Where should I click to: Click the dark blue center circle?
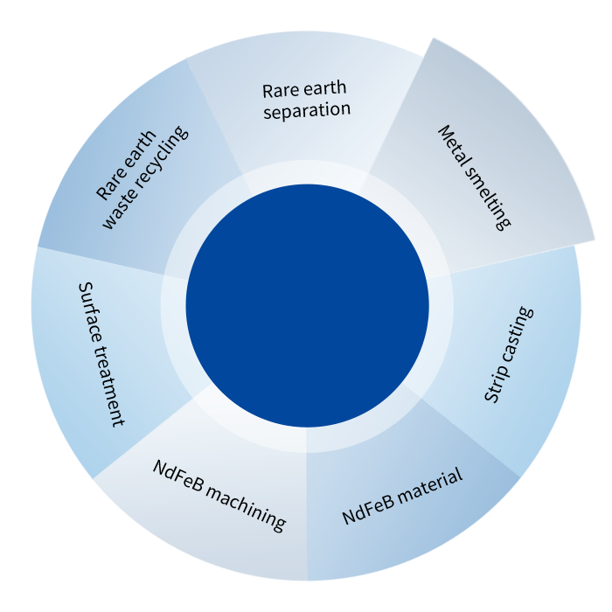click(307, 305)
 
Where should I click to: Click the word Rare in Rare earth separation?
click(279, 90)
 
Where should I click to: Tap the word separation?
click(306, 111)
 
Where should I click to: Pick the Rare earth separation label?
click(306, 100)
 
